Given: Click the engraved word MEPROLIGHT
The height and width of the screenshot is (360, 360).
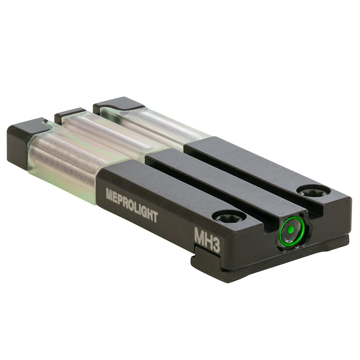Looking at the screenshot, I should pyautogui.click(x=132, y=205).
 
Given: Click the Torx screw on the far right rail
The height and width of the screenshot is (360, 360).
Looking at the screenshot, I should pyautogui.click(x=313, y=192).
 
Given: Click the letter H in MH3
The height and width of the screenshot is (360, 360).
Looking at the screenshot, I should pyautogui.click(x=208, y=238).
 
